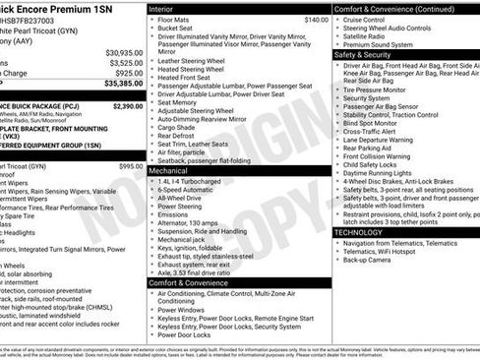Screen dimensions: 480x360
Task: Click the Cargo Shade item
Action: [x=177, y=127]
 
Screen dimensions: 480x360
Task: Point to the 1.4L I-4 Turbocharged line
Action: [x=191, y=182]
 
